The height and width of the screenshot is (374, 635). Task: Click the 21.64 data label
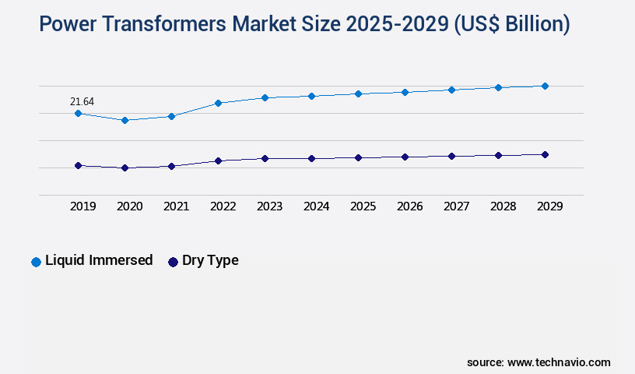82,101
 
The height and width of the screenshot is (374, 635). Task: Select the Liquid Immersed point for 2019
78,114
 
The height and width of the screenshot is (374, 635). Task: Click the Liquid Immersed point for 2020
125,120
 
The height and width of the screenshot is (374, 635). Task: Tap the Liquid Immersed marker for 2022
218,103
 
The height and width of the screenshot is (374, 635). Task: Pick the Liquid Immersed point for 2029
545,86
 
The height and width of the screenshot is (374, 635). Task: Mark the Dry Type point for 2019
78,165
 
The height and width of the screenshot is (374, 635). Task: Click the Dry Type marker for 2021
171,166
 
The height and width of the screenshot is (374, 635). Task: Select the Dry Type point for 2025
358,157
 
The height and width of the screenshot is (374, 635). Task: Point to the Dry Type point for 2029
545,154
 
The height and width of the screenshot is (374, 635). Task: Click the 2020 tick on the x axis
129,206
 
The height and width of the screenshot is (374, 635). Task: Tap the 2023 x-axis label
269,206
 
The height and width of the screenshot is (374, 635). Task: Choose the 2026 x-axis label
409,206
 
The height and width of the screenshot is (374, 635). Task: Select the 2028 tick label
503,206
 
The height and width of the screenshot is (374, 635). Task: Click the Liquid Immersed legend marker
36,262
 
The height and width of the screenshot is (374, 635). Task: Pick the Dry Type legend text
210,261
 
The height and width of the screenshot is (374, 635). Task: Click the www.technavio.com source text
559,362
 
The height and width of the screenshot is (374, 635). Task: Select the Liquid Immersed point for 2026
405,92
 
